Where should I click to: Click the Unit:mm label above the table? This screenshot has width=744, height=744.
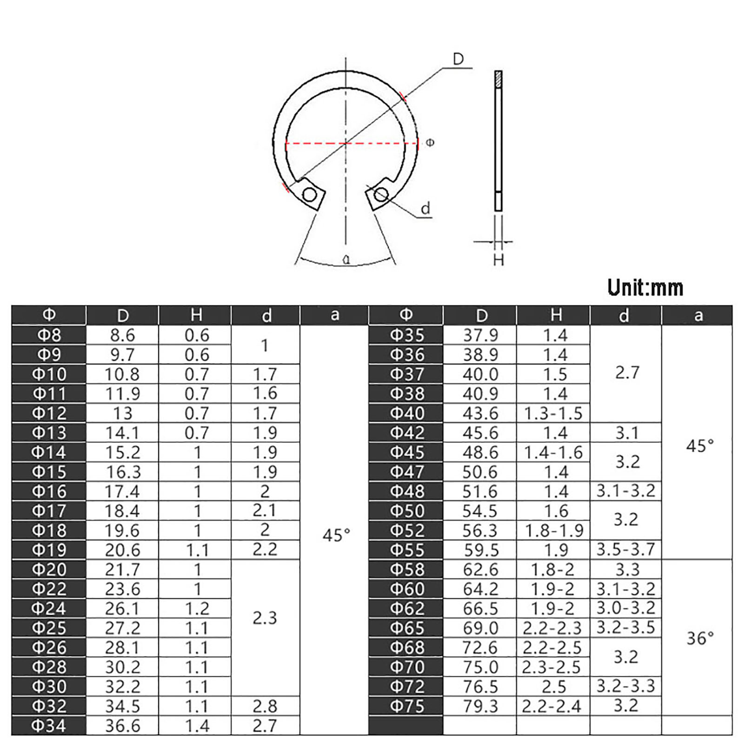point(645,288)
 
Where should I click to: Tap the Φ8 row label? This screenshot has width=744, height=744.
point(49,335)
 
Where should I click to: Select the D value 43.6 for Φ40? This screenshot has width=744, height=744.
point(480,413)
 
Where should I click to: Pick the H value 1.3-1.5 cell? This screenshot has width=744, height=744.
point(553,413)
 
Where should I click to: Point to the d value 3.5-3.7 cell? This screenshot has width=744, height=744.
point(625,550)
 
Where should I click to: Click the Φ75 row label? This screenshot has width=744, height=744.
point(407,706)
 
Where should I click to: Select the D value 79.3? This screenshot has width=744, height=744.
point(480,706)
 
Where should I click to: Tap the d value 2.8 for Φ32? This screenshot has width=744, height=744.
point(265,706)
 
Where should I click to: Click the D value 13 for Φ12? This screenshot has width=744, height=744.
point(122,413)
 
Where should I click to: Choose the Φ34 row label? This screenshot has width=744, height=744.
point(49,725)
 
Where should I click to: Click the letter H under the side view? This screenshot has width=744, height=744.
point(498,259)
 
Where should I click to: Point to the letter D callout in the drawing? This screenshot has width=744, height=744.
point(458,59)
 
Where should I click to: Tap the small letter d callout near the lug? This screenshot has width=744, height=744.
point(425,209)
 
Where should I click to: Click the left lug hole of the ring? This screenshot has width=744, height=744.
point(309,194)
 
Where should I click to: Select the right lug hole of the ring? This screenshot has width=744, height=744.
point(381,194)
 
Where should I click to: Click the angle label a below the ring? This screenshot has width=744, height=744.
point(346,259)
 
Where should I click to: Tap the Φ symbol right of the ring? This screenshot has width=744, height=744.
point(430,143)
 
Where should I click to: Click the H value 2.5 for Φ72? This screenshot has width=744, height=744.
point(553,687)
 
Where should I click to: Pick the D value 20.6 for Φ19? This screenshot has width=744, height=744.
point(122,550)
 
